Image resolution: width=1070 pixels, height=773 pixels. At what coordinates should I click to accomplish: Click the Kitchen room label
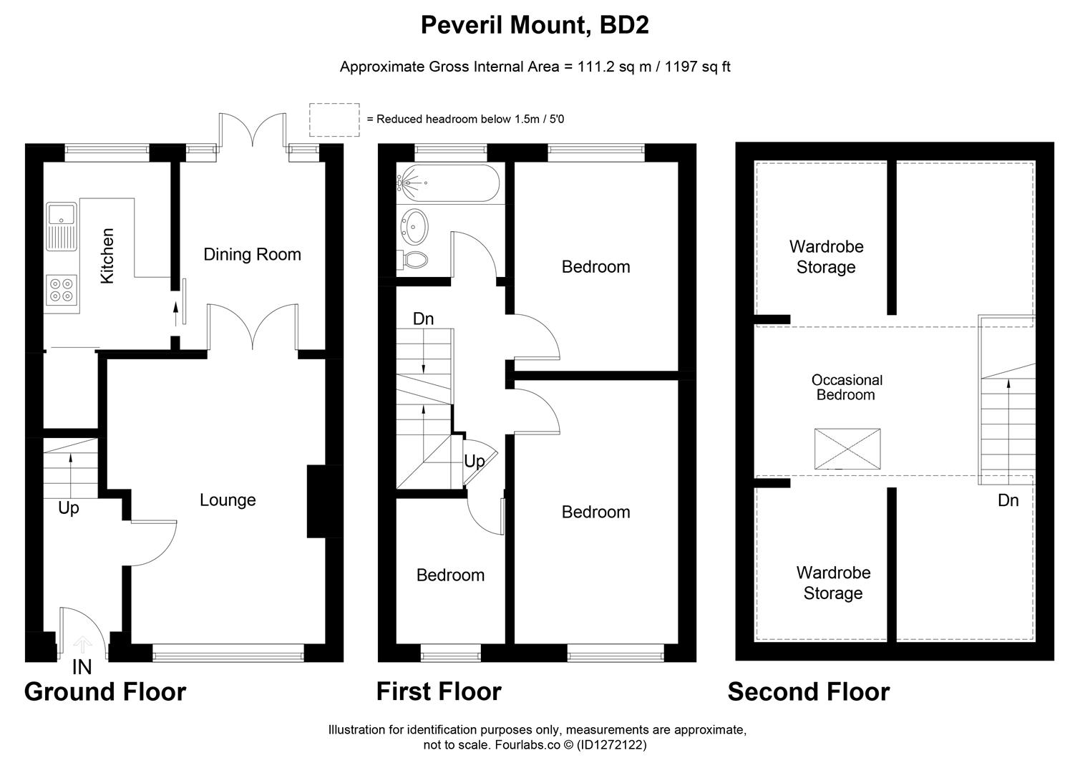coord(107,256)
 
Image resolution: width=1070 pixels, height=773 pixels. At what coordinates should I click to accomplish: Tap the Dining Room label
coord(252,254)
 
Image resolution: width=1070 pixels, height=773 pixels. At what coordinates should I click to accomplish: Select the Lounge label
coord(228,500)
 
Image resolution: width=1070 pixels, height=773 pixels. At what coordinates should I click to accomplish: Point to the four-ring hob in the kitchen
coord(61,289)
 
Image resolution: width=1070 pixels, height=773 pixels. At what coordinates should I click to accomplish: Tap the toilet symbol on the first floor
coord(414,260)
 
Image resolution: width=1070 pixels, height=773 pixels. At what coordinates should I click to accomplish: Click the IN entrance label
coord(82,667)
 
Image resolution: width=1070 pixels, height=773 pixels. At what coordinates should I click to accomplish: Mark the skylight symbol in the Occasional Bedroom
coord(847,449)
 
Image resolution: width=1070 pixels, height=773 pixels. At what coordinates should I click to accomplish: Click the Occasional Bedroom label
coord(846,387)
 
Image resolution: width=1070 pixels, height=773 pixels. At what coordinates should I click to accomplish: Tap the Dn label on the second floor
coord(1008,500)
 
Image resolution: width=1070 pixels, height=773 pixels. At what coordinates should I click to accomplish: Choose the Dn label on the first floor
coord(423,319)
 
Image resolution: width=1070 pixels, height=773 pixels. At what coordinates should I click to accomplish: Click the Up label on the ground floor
coord(69,507)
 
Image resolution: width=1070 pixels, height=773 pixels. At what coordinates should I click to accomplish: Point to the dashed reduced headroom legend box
coord(334,120)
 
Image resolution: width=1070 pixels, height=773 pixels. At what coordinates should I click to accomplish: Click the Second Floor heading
coord(808,691)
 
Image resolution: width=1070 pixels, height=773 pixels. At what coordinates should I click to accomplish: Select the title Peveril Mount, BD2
coord(535,25)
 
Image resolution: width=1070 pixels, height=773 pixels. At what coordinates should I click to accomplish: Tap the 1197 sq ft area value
coord(698,67)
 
